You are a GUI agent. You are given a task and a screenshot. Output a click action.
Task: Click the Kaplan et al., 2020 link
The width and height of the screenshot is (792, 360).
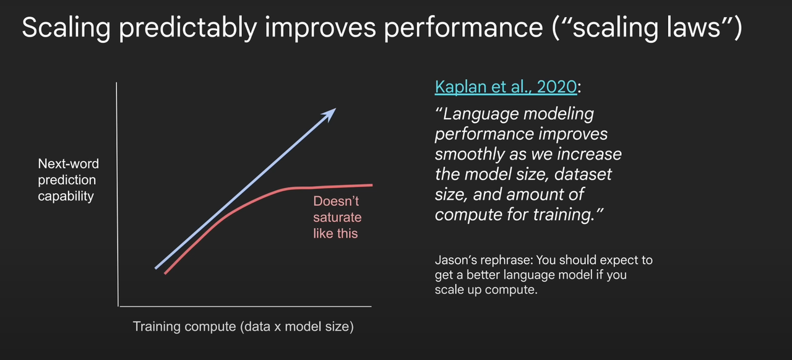pos(506,87)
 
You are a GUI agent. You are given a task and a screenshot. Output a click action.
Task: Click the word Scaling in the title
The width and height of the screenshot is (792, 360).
pos(66,28)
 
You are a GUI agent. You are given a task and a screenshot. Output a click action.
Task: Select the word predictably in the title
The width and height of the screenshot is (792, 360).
pos(187,28)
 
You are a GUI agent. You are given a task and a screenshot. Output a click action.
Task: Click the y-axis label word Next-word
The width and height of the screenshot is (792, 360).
pos(69,164)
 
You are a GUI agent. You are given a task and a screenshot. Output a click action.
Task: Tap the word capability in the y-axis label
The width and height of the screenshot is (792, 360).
pos(66,196)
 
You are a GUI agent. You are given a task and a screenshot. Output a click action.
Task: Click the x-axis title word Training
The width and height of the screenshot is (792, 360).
pos(157,327)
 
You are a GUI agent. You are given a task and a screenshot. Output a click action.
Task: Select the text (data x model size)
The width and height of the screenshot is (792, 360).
pos(297,327)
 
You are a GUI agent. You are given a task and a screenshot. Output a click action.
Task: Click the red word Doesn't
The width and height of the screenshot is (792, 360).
pos(336,201)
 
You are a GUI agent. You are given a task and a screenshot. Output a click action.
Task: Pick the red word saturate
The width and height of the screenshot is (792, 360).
pos(337,217)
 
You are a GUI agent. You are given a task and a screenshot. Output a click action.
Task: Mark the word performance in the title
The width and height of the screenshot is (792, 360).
pos(463,28)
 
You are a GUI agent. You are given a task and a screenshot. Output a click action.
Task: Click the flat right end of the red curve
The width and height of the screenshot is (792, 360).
pos(372,185)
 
